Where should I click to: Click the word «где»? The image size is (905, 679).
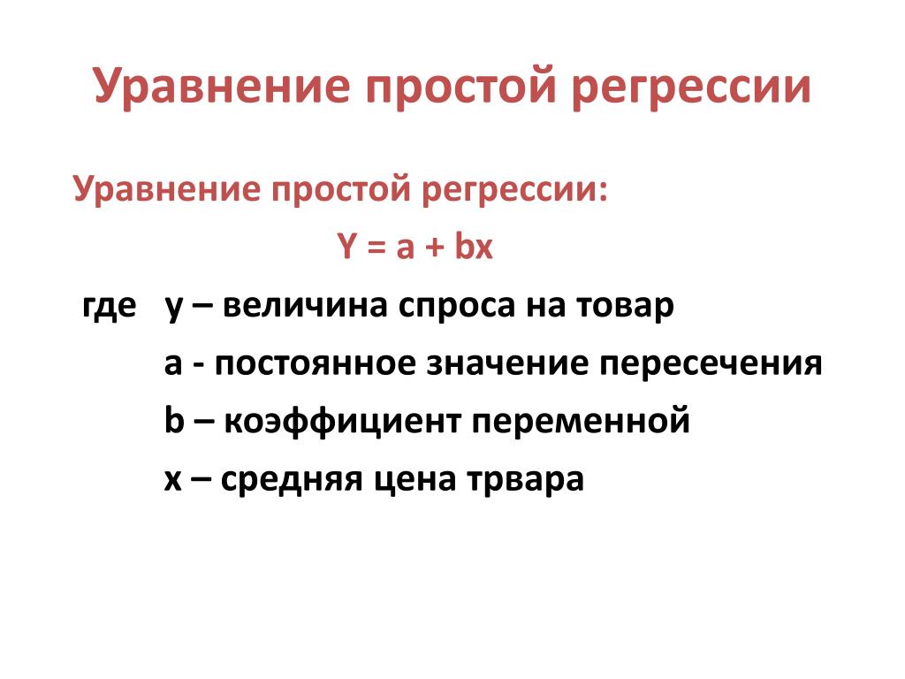(110, 306)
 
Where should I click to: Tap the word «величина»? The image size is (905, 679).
(304, 305)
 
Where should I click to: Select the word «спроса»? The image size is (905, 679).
(456, 308)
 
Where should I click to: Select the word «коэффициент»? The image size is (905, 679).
(342, 420)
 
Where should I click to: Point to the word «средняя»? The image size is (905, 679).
(292, 480)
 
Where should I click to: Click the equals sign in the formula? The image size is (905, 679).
(376, 248)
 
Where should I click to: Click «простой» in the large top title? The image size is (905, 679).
(461, 88)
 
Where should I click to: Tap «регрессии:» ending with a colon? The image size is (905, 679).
(515, 191)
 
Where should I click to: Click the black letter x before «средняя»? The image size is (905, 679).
(173, 481)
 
